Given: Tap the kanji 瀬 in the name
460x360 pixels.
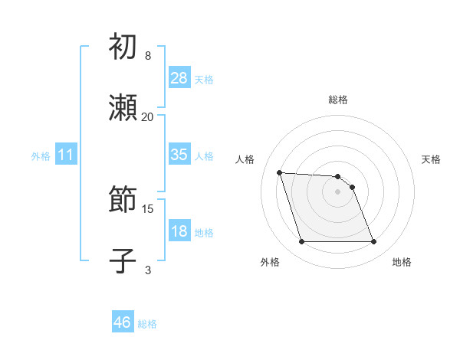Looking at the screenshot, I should (x=123, y=108).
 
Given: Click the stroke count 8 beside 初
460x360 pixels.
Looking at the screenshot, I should (x=148, y=56).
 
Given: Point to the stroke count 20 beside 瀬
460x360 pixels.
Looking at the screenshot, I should (x=148, y=116).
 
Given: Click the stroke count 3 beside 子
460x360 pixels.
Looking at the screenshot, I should (x=148, y=270).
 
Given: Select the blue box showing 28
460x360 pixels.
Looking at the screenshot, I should (x=179, y=78).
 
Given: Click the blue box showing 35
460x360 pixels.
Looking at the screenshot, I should (x=179, y=155).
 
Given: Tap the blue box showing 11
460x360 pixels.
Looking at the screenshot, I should (x=66, y=155).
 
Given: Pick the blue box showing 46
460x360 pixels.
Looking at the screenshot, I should (x=123, y=322).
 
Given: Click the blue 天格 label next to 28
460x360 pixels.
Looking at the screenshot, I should (x=204, y=80).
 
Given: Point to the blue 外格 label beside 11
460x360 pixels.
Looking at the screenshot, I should (x=41, y=156).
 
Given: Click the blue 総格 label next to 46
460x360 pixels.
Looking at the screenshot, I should (x=147, y=324).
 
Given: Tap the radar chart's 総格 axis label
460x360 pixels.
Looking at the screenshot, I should (x=338, y=100).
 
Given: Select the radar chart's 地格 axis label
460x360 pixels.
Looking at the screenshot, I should (x=402, y=262).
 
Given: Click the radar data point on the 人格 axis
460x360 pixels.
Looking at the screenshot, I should (x=280, y=172).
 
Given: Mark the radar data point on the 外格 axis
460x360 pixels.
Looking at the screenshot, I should (x=301, y=242).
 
